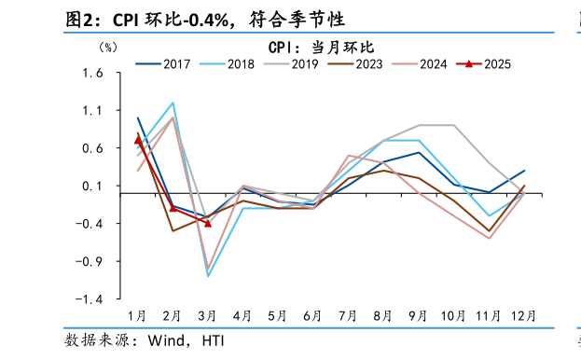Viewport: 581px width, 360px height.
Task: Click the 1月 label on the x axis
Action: (137, 316)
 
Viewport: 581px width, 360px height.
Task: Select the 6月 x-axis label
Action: (313, 316)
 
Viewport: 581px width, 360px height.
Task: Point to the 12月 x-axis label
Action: (523, 316)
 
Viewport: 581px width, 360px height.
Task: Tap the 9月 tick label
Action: (419, 316)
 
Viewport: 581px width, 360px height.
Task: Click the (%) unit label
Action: (108, 47)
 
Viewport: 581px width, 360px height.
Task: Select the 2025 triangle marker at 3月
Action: (208, 223)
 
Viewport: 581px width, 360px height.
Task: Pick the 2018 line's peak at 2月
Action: (173, 103)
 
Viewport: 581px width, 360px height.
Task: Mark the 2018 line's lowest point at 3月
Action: (208, 276)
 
